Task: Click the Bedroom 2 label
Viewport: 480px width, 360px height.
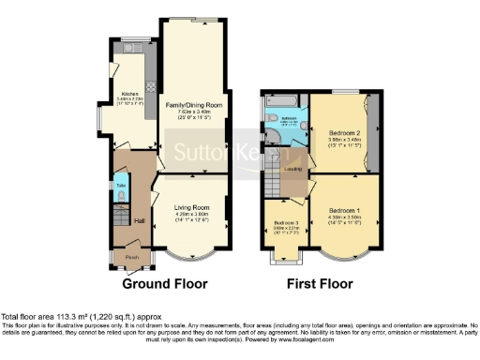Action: point(341,135)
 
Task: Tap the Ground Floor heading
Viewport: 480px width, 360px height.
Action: point(165,282)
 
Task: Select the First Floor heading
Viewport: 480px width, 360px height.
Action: point(321,282)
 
